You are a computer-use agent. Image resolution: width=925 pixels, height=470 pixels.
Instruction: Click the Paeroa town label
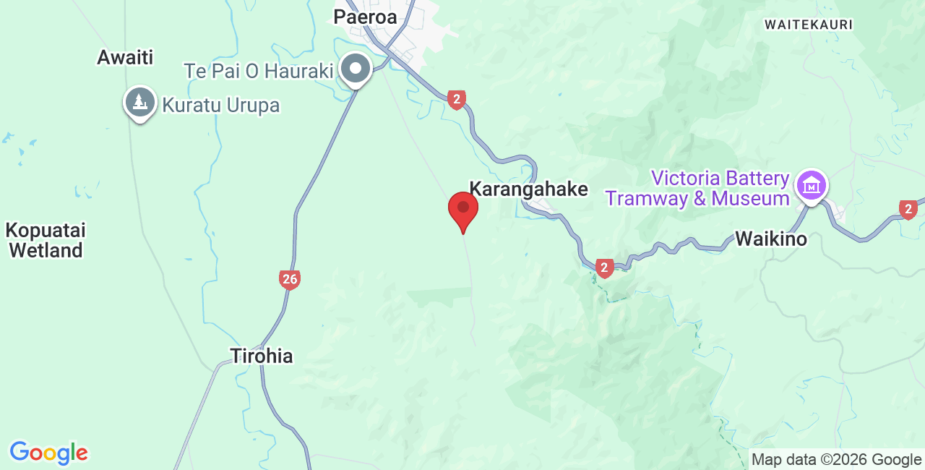365,17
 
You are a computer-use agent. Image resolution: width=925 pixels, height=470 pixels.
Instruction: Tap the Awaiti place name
126,58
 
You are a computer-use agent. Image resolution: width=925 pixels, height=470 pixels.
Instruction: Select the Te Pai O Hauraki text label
259,71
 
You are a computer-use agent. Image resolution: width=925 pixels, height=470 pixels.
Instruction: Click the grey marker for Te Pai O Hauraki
356,69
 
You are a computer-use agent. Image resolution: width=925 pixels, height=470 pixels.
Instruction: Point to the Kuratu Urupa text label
220,105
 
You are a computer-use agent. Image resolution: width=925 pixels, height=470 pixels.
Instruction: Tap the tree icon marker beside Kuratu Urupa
140,103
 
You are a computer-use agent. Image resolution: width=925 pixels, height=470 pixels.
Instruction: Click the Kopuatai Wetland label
45,241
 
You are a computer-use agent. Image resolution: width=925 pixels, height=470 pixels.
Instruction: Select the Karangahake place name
528,189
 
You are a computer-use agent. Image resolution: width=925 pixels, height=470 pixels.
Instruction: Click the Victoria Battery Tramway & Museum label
698,188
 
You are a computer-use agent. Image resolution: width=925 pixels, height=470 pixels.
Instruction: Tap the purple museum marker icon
812,187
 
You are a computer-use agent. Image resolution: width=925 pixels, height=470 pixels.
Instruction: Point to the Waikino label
771,239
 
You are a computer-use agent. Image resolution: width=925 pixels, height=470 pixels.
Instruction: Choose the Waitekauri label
809,25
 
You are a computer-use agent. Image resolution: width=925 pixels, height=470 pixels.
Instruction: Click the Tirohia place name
262,356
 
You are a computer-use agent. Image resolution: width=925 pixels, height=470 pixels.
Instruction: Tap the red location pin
463,210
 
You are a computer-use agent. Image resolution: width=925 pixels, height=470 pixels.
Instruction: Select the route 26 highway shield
290,279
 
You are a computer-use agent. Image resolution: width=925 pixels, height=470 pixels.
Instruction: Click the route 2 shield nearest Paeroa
456,100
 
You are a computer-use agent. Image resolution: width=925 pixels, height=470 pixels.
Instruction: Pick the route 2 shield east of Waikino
908,210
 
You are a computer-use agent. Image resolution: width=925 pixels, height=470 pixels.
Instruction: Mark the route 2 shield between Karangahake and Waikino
605,268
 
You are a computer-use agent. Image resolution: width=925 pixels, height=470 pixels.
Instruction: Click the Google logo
48,453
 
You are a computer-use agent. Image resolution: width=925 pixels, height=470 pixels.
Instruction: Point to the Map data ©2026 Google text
836,459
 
